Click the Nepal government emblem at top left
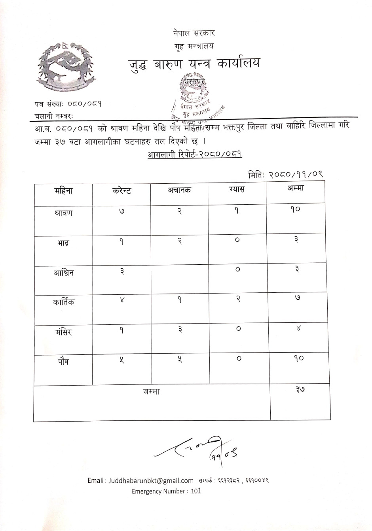coord(66,67)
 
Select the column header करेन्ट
coord(122,190)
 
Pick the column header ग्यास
coord(237,190)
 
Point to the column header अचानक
coord(179,190)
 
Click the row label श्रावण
coord(63,213)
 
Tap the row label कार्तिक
coord(63,303)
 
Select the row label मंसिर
coord(63,332)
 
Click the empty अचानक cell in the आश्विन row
coord(180,278)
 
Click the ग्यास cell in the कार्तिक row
coord(238,300)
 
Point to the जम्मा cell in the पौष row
coord(298,358)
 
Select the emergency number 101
coord(196,491)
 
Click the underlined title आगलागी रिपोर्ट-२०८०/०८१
coord(195,154)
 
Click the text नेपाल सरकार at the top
coord(194,33)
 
